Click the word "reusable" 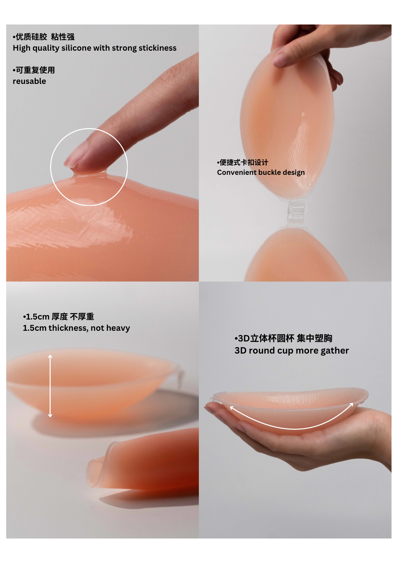(x=29, y=81)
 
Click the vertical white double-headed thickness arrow (x=50, y=386)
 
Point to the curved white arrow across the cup (x=293, y=428)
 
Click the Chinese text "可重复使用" (x=35, y=70)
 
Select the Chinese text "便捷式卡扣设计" (x=244, y=162)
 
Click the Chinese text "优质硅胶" (x=31, y=37)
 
